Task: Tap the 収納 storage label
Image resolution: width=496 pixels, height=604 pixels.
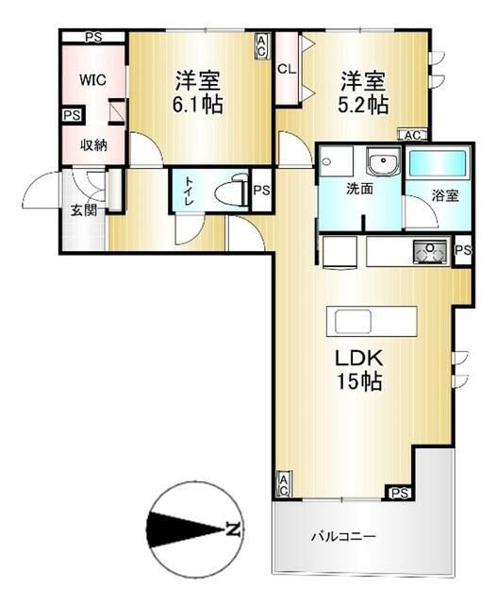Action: pos(91,144)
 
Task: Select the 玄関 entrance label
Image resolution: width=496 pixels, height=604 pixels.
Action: pos(82,210)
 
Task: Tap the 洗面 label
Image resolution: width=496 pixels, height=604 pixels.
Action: pos(359,189)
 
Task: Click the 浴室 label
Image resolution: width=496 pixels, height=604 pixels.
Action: pos(445,196)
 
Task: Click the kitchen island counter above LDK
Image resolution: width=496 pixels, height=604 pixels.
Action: pos(371,321)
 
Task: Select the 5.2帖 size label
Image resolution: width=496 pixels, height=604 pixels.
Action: pos(365,104)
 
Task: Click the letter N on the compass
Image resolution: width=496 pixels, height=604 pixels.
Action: pos(233,531)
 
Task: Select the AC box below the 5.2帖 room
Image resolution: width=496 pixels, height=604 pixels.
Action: pos(413,136)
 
